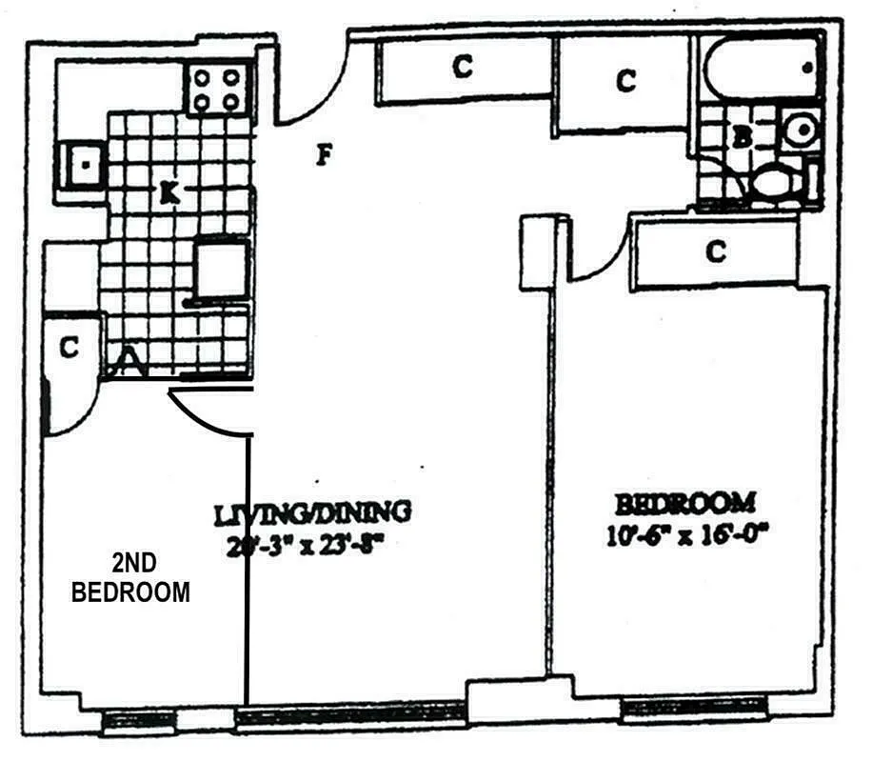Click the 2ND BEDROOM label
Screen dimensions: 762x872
tap(131, 577)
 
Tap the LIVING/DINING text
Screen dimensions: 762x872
tap(312, 513)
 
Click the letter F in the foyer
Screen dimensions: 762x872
tap(324, 154)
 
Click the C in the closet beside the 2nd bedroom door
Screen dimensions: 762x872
tap(68, 349)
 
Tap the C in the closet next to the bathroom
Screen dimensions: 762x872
tap(624, 81)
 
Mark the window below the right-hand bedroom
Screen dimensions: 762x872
tap(679, 708)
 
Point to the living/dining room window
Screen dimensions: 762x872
tap(350, 712)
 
